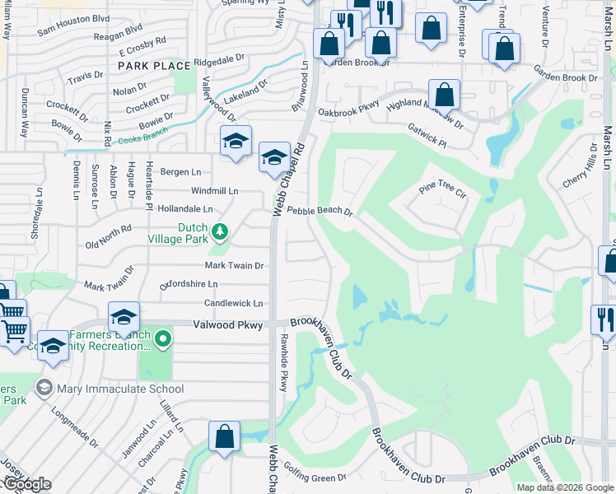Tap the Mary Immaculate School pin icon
point(45,388)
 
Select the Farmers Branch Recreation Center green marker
point(164,338)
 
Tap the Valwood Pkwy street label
point(227,324)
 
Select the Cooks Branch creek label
point(142,136)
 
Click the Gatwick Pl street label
point(427,135)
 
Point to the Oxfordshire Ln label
point(189,284)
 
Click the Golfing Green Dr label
point(317,478)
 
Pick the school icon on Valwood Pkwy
point(124,318)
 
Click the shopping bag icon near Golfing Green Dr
point(224,437)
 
